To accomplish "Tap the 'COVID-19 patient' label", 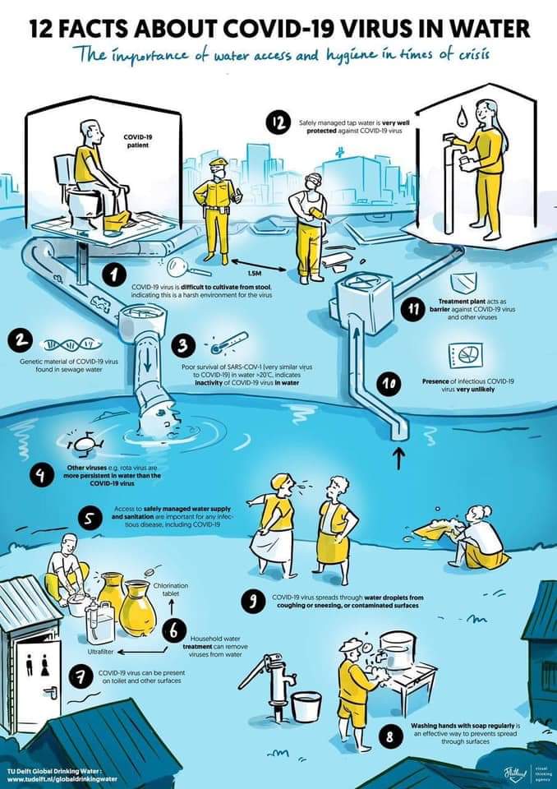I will [x=136, y=141].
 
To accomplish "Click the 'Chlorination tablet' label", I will [x=171, y=589].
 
